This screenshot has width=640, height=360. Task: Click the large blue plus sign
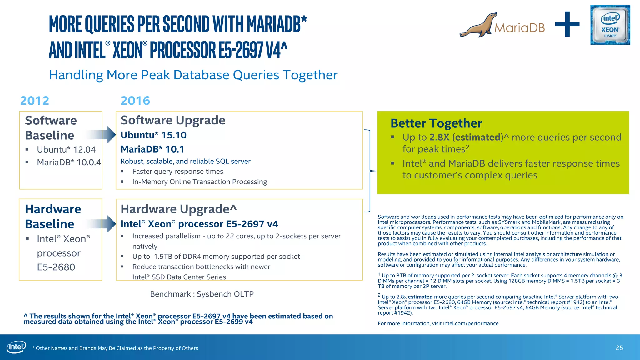tap(567, 24)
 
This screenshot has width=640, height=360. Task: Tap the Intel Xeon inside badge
tap(610, 25)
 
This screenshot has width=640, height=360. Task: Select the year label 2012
tap(35, 101)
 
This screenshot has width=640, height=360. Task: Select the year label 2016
tap(135, 101)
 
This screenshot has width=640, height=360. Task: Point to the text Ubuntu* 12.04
tap(66, 149)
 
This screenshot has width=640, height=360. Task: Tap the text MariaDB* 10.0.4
tap(69, 162)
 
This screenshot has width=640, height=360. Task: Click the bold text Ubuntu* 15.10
tap(153, 135)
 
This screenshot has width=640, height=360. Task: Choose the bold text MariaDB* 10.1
tap(152, 149)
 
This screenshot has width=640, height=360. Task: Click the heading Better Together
tap(436, 123)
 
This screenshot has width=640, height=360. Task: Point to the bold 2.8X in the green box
tap(439, 137)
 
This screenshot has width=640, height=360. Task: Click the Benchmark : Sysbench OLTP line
tap(202, 294)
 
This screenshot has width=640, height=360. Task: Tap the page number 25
tap(619, 348)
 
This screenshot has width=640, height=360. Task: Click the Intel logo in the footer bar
tap(16, 347)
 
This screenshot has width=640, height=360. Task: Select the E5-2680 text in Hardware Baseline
tap(56, 267)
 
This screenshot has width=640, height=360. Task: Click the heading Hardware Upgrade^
tap(178, 209)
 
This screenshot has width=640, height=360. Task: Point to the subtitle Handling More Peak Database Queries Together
tap(193, 75)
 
